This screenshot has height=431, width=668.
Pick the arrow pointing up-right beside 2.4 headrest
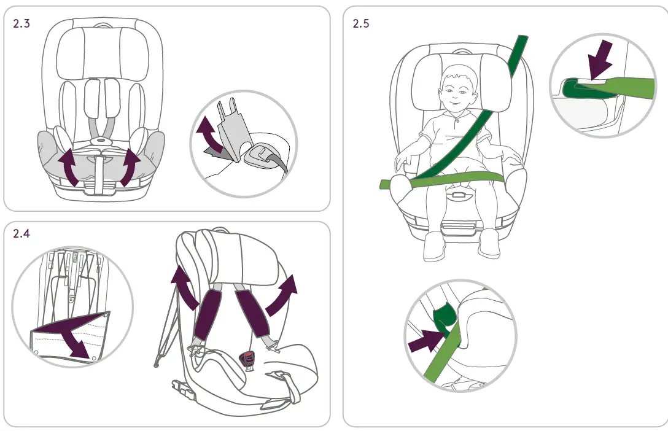coord(284,292)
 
